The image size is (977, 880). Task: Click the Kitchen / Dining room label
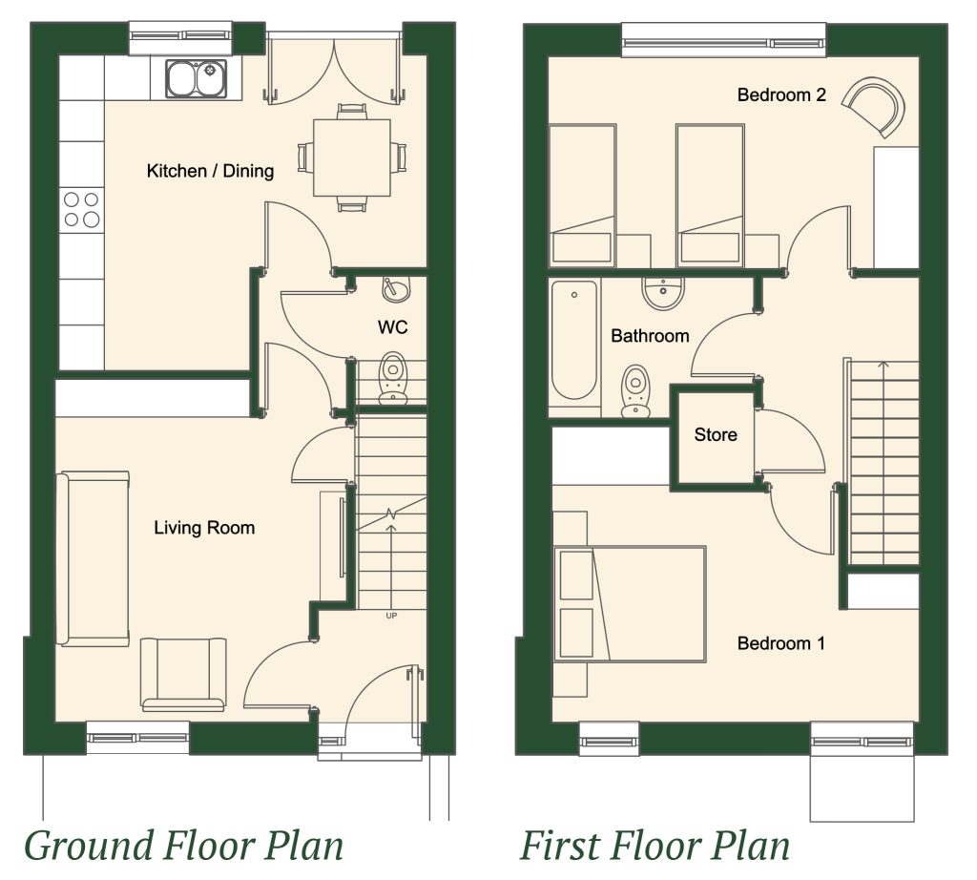click(x=210, y=171)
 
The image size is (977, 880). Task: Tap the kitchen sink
click(x=196, y=79)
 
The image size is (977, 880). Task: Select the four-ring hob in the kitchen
click(x=82, y=209)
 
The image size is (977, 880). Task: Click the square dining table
click(x=352, y=157)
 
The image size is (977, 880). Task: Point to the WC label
click(x=392, y=327)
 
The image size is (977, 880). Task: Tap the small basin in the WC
click(x=396, y=290)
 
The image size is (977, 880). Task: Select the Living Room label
click(x=204, y=528)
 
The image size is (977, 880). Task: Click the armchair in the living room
click(x=183, y=675)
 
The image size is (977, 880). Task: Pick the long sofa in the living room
click(x=93, y=558)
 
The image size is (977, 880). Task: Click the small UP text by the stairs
click(x=391, y=616)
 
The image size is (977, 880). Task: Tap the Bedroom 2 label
click(x=781, y=94)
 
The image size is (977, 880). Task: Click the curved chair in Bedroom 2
click(x=874, y=106)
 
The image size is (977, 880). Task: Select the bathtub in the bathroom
click(x=574, y=341)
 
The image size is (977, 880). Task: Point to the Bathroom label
click(x=650, y=336)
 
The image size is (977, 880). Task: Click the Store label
click(x=716, y=434)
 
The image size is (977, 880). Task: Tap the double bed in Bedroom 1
click(x=630, y=604)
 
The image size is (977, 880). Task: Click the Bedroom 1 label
click(x=781, y=643)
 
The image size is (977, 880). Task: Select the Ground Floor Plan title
click(x=184, y=847)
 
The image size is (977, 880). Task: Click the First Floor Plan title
click(x=655, y=847)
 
